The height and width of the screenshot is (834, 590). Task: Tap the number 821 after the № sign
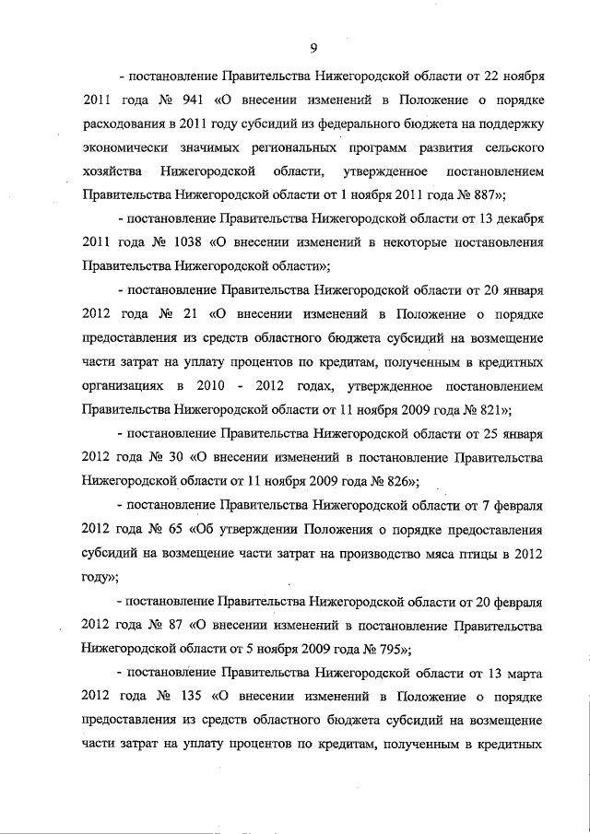(x=492, y=410)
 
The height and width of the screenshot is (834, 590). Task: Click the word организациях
(x=125, y=386)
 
